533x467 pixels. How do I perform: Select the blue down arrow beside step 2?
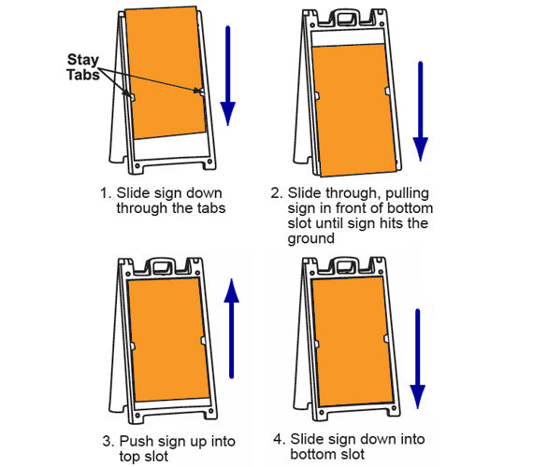coord(420,111)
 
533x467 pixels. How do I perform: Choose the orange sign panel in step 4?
coord(351,340)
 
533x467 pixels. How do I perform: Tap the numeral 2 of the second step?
coord(276,194)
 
